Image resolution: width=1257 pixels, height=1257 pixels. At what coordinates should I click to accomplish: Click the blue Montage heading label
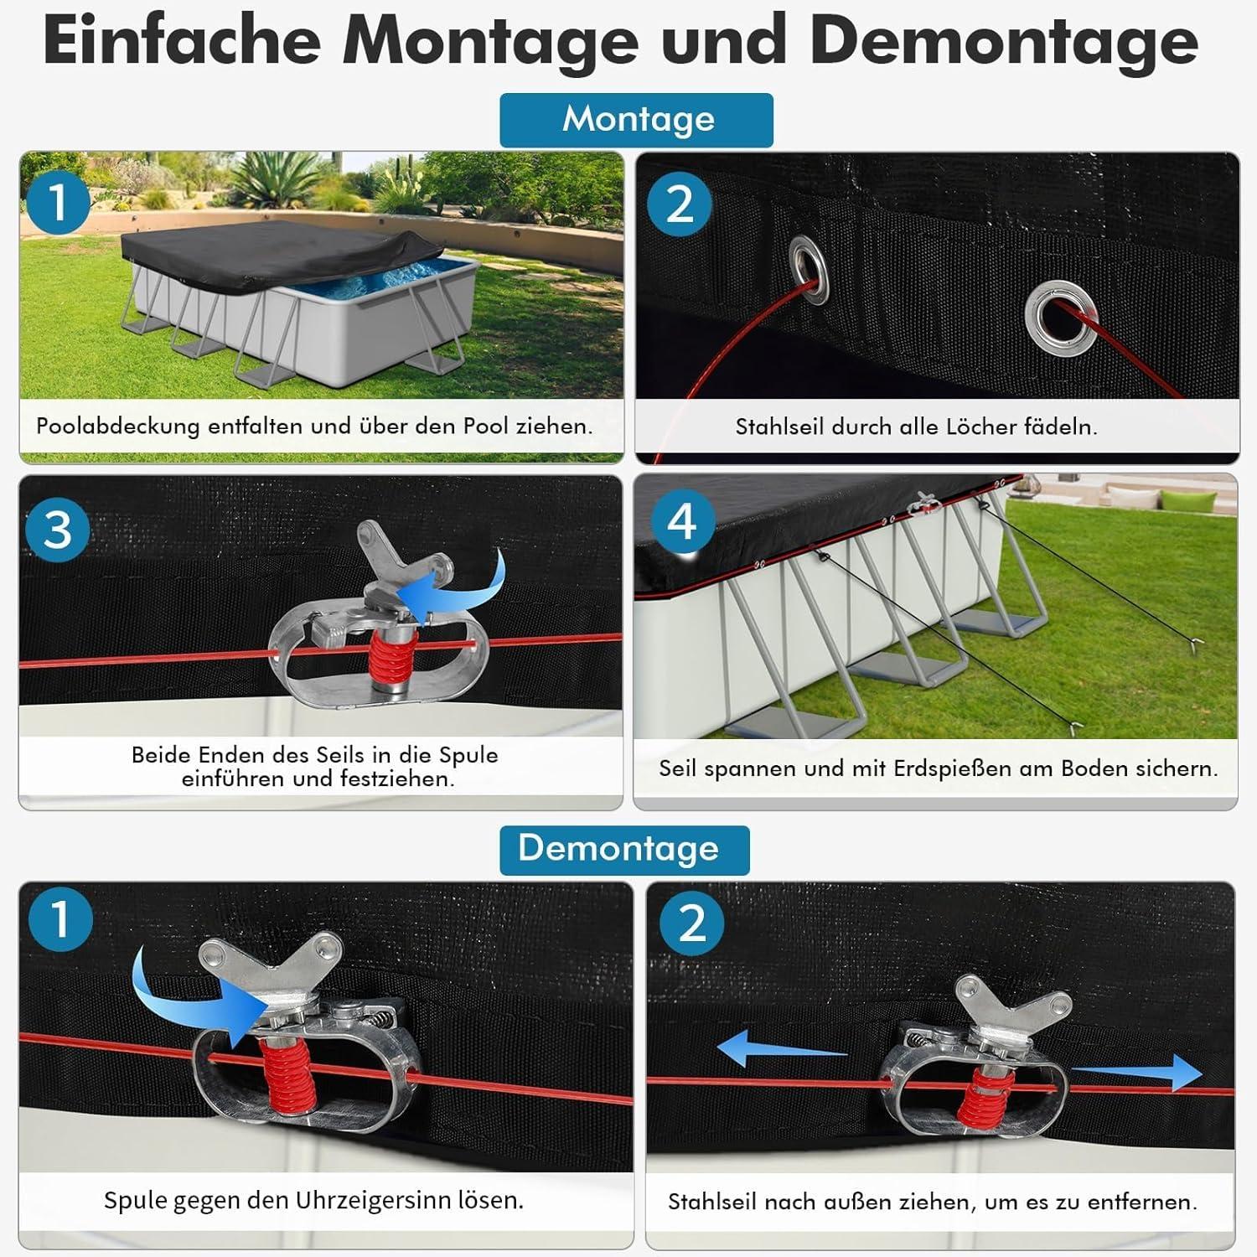(636, 120)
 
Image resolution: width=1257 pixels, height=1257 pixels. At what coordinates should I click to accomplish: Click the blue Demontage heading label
(624, 850)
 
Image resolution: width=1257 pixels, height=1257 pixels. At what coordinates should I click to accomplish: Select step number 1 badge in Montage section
(57, 203)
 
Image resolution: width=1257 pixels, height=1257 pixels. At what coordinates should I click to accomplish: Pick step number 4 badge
(681, 522)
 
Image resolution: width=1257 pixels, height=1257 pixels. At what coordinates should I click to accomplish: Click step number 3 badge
(57, 530)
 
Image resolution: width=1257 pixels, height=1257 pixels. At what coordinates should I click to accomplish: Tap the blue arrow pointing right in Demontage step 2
(1137, 1073)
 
